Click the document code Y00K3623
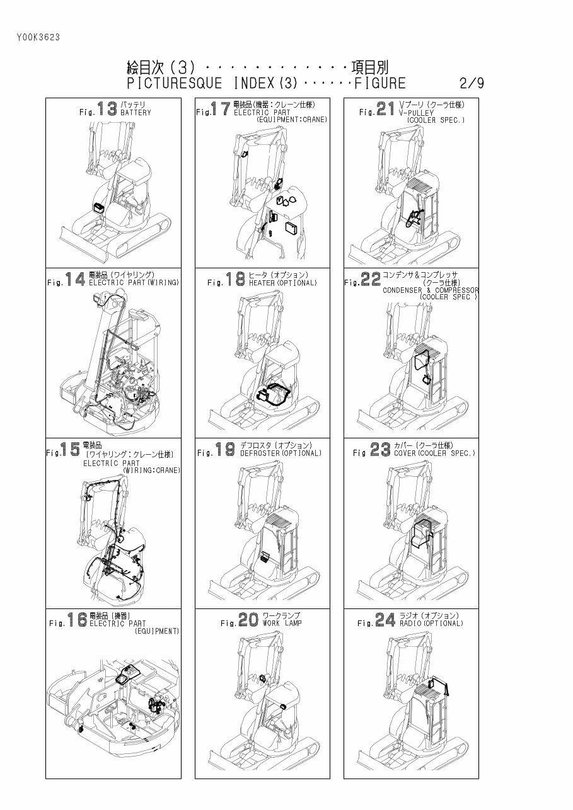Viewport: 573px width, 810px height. (x=38, y=37)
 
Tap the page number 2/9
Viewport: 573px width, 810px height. (x=472, y=84)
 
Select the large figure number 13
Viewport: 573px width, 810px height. (x=107, y=109)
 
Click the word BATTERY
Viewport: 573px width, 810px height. (x=136, y=113)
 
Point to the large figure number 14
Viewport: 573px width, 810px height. (x=75, y=280)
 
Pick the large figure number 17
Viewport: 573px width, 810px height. (x=221, y=109)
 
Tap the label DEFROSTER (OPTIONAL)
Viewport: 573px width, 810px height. (x=281, y=453)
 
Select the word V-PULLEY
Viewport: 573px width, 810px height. (x=417, y=113)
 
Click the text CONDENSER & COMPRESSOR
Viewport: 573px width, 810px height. (x=431, y=290)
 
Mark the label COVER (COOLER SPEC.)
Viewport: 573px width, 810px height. (x=434, y=453)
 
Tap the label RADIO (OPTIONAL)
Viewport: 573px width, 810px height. (x=431, y=624)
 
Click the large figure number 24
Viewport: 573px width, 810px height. (x=385, y=620)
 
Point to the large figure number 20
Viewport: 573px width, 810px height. (x=248, y=620)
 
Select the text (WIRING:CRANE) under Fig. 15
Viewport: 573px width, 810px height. (x=151, y=471)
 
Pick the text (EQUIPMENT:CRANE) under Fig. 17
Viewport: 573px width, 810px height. (x=291, y=120)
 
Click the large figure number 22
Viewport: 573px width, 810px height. (x=371, y=280)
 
